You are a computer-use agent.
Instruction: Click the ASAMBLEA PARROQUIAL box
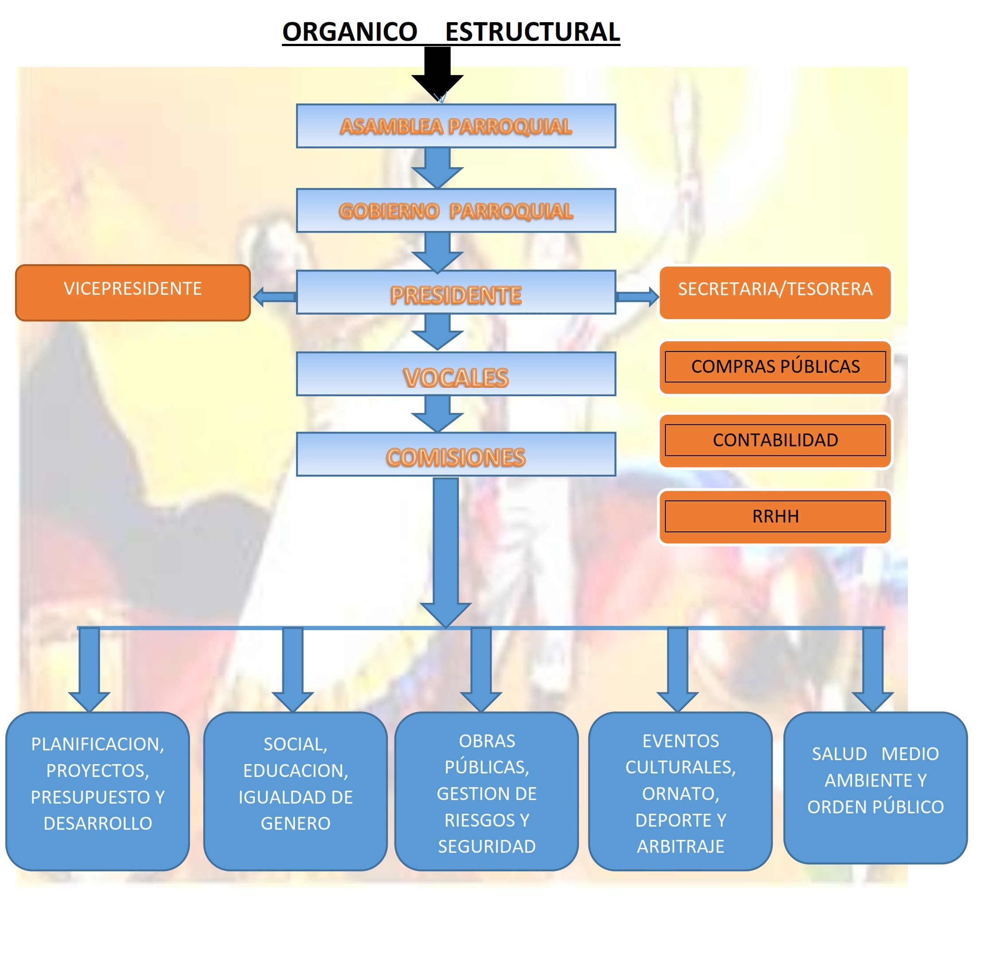456,126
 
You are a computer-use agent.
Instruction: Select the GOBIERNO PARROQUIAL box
456,211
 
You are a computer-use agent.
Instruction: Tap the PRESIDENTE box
456,293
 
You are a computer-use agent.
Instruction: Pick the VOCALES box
456,375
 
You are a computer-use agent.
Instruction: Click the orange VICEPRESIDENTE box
133,293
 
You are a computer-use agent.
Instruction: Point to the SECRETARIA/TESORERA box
775,293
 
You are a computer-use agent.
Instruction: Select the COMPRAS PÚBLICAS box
775,367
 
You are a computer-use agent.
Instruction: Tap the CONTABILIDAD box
775,440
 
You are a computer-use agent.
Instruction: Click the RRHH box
775,516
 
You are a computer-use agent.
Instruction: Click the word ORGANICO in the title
350,32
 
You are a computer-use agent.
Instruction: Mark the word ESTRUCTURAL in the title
532,32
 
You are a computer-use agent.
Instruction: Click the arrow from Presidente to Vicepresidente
274,297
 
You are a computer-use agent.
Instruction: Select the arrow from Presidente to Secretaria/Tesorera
637,297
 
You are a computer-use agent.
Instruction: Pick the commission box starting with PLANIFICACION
98,791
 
